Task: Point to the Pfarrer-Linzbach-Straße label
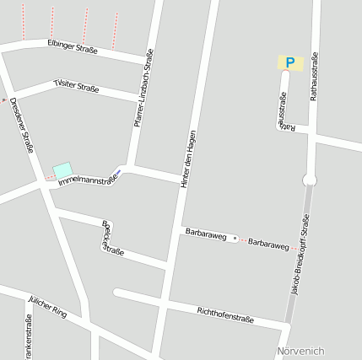click(143, 89)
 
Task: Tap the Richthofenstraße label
click(225, 314)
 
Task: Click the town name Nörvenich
click(300, 351)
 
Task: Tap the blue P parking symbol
click(290, 62)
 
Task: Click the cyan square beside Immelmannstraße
click(62, 171)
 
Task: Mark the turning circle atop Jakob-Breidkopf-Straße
click(310, 180)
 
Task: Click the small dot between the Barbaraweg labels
click(235, 238)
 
